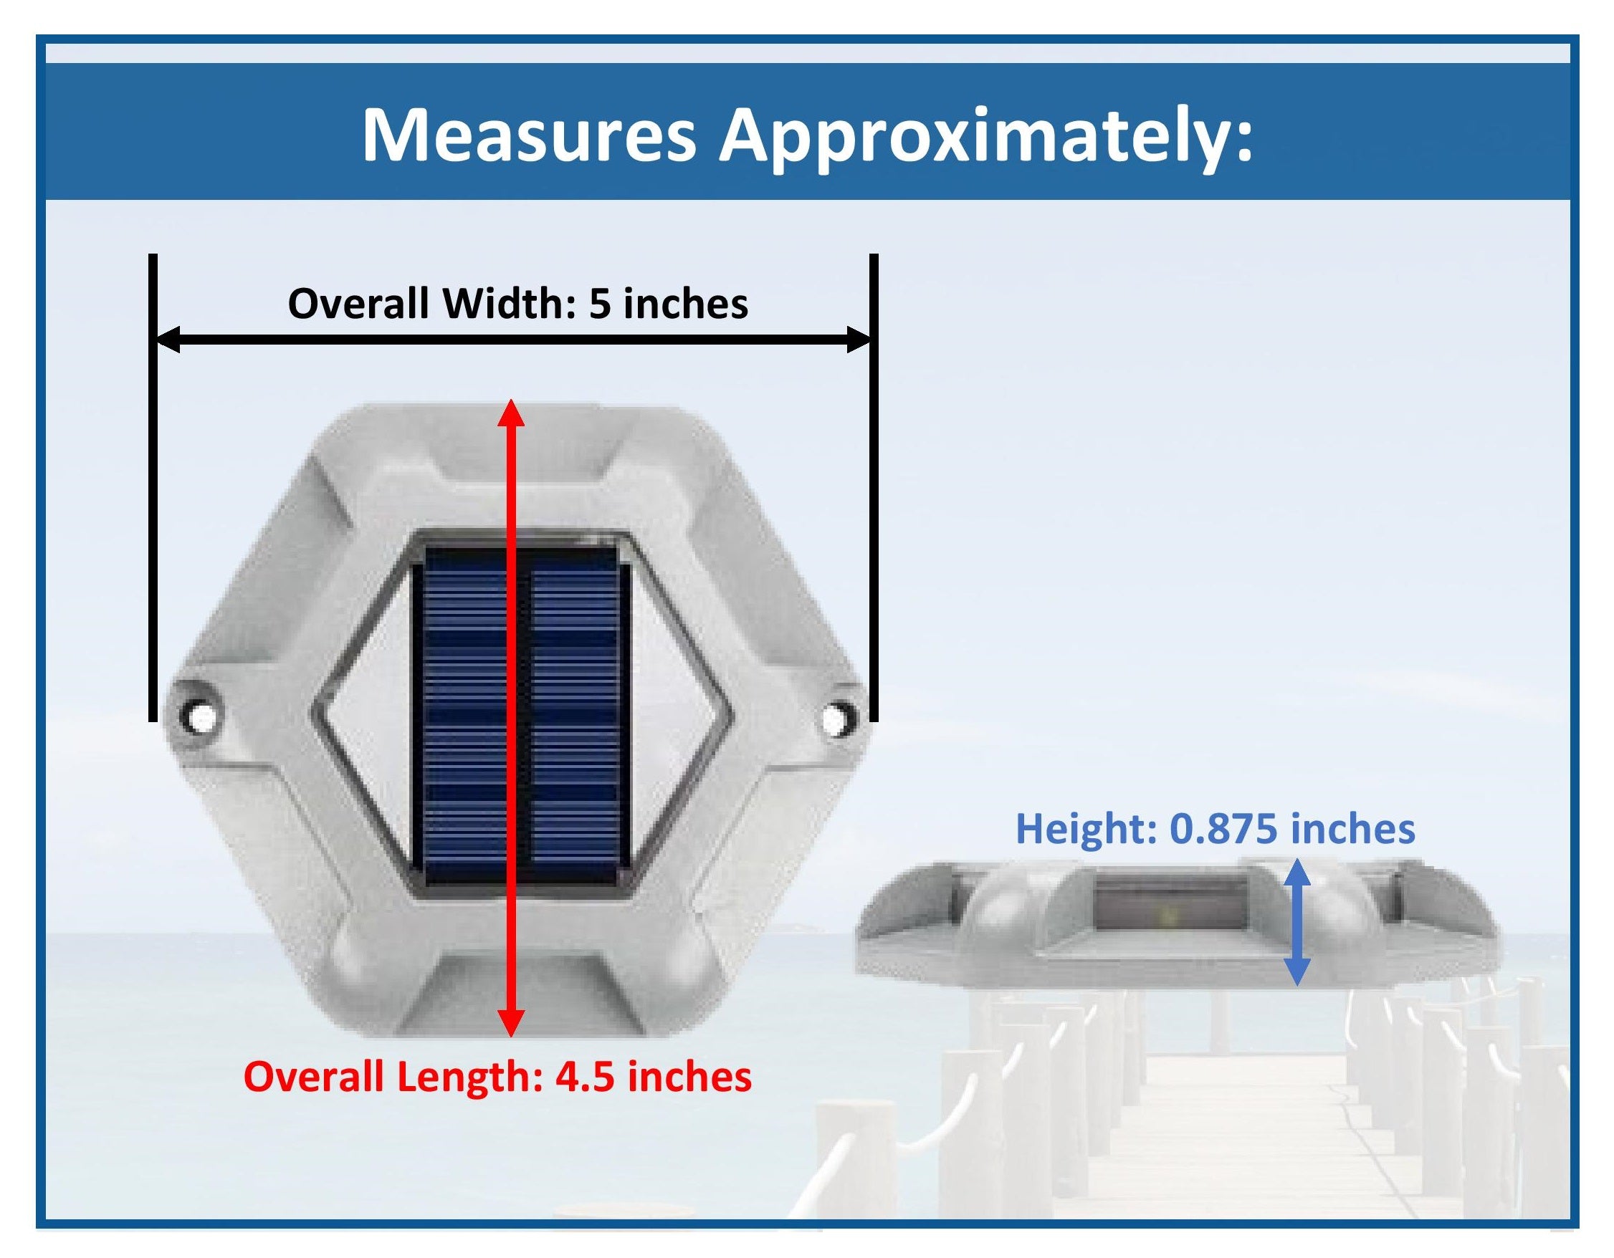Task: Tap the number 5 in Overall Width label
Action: (599, 304)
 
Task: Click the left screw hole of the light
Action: (199, 714)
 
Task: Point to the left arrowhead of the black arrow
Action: (168, 340)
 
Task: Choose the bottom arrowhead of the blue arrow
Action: (1298, 972)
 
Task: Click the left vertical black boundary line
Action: (152, 488)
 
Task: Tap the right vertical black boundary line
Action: (874, 488)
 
